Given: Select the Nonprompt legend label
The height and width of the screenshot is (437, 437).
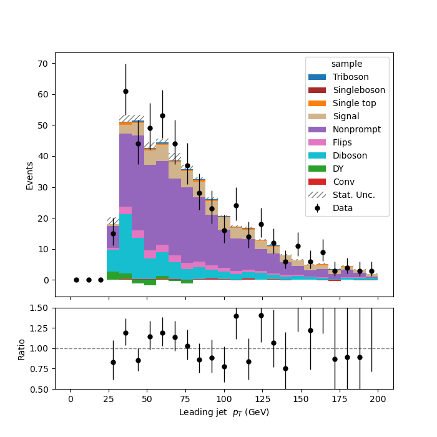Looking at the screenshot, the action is [356, 129].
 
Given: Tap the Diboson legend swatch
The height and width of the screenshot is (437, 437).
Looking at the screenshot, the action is [317, 155].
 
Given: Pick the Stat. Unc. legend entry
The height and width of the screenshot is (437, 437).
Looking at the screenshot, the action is [341, 195].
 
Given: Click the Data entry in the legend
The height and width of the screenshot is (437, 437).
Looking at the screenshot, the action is [330, 208].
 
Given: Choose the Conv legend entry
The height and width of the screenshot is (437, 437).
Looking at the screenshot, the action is [331, 182].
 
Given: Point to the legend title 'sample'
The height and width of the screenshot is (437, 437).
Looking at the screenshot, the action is [346, 64].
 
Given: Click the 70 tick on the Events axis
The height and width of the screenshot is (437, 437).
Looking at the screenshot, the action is [42, 64].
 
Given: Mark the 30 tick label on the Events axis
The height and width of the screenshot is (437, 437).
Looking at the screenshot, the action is [42, 187].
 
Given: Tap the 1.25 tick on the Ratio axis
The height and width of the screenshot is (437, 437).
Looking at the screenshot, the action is [39, 328].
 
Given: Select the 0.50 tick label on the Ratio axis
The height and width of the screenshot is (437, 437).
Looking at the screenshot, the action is [39, 390].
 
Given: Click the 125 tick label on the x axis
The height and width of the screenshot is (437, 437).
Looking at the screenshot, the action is [263, 399].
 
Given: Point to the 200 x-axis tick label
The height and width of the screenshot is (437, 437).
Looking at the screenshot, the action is [378, 399].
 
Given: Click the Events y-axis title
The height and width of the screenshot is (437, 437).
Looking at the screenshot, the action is [29, 176].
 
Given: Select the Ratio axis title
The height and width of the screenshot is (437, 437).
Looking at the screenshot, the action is [21, 350].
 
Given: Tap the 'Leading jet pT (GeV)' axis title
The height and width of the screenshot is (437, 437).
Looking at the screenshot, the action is [224, 412].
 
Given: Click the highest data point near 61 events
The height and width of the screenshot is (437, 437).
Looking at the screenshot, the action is [125, 91].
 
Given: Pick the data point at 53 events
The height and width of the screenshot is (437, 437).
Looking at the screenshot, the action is [162, 115].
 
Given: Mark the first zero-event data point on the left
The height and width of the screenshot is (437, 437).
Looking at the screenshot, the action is [76, 280].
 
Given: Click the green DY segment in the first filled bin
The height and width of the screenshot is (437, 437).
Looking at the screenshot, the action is [113, 275].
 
